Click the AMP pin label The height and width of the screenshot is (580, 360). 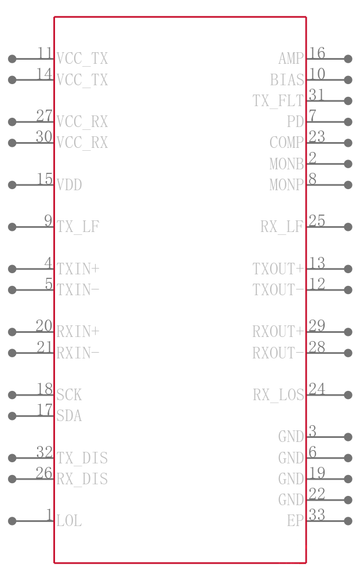tap(291, 59)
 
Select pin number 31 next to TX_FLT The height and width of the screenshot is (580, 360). tap(317, 95)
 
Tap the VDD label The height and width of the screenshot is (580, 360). tap(69, 185)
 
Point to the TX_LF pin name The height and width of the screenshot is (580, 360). tap(78, 227)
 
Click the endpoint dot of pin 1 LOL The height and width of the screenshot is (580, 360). tap(12, 521)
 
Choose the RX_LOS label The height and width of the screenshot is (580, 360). tap(278, 395)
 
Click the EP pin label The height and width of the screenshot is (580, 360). tap(295, 521)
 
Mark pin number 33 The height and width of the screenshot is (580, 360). tap(317, 515)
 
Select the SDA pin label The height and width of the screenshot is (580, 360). tap(69, 416)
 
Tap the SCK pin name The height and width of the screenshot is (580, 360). tap(69, 395)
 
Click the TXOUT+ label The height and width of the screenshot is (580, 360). tap(278, 269)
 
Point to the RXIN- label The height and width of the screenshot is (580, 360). tap(78, 353)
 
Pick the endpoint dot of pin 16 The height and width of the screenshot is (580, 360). tap(348, 59)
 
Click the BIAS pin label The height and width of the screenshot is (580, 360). tap(287, 80)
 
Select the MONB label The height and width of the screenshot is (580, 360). tap(286, 164)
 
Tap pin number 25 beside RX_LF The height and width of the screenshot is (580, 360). tap(317, 221)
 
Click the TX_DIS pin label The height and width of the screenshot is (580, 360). tap(82, 458)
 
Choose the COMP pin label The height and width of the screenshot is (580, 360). tap(286, 143)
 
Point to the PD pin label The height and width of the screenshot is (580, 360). tap(295, 122)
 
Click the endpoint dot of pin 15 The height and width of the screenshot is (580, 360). tap(12, 185)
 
